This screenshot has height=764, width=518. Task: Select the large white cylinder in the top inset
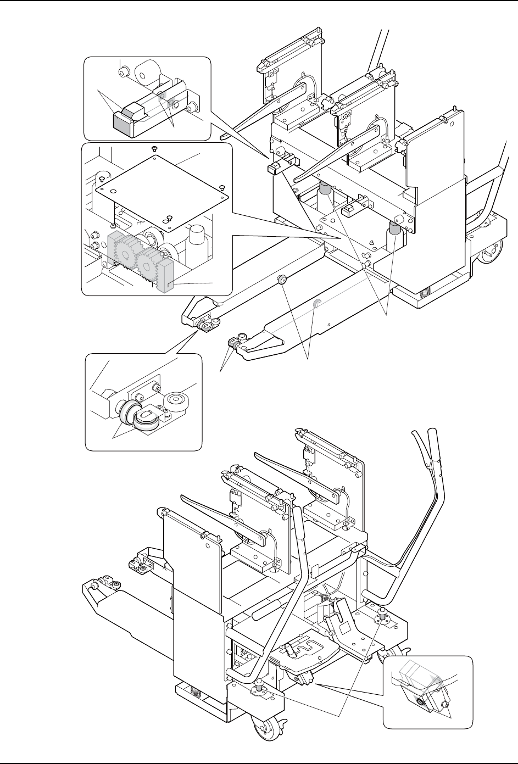point(148,71)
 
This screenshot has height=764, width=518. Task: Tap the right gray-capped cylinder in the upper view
point(394,227)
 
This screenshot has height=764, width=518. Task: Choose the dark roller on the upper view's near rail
point(283,280)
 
